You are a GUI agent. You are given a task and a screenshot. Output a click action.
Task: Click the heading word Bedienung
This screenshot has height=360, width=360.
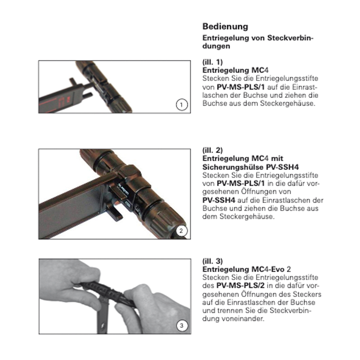click(225, 27)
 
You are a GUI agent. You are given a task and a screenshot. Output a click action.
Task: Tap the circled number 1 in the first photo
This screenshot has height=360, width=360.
click(182, 105)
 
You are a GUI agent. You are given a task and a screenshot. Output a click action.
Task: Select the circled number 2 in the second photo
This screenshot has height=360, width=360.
click(182, 231)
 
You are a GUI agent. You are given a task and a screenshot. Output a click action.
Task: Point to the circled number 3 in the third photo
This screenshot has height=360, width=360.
click(182, 326)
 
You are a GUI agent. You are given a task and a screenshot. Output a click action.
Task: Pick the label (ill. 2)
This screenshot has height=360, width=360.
click(212, 150)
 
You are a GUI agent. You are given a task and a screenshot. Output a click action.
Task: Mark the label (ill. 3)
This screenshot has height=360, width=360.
click(212, 261)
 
